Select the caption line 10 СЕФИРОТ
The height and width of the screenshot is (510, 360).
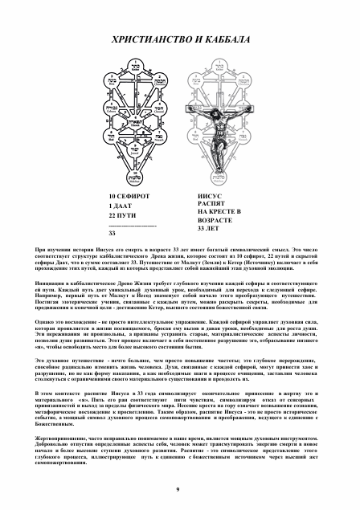pyautogui.click(x=129, y=195)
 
